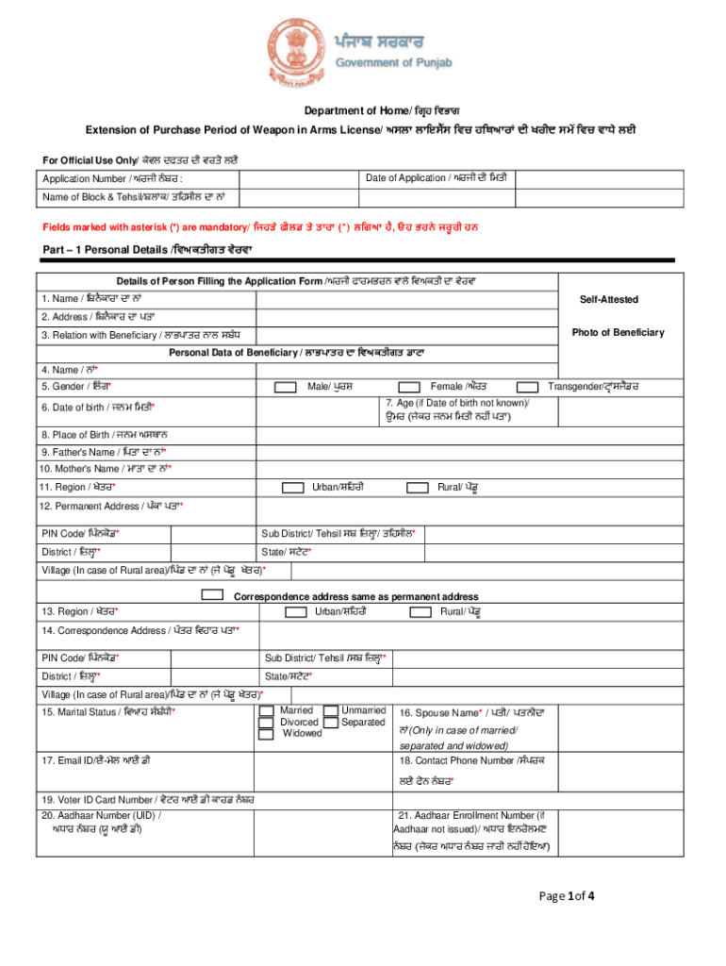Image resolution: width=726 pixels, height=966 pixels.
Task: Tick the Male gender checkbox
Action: point(284,387)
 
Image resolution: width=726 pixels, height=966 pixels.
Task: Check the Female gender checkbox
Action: point(409,387)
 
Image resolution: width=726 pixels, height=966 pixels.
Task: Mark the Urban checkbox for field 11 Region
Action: point(293,487)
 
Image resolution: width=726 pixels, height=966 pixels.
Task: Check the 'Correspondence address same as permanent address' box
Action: point(214,595)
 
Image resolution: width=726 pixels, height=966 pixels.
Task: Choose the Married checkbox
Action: point(266,710)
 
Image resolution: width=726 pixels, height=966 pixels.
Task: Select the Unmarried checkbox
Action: point(330,710)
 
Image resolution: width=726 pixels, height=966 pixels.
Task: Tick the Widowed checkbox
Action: point(266,733)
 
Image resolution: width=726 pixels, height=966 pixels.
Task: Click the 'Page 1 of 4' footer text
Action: point(567,896)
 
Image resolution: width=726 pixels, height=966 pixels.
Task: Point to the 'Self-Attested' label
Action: point(608,299)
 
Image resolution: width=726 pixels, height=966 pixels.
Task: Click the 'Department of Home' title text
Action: point(361,109)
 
